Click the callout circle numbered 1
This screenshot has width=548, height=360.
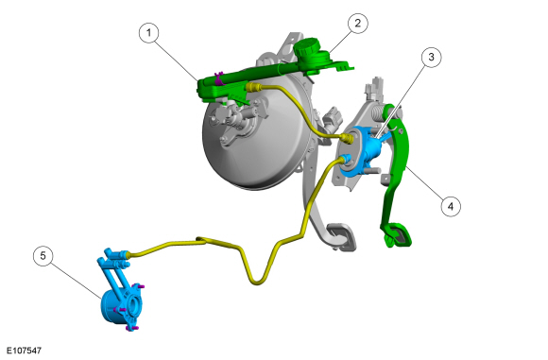pos(149,33)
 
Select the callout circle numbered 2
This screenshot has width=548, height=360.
pos(357,24)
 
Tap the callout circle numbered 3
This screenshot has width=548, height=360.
pos(431,57)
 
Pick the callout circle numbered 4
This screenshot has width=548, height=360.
pos(451,206)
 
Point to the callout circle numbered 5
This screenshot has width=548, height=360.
pos(43,256)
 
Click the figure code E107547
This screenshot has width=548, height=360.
pos(25,351)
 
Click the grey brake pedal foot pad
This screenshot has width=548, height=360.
pos(341,236)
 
